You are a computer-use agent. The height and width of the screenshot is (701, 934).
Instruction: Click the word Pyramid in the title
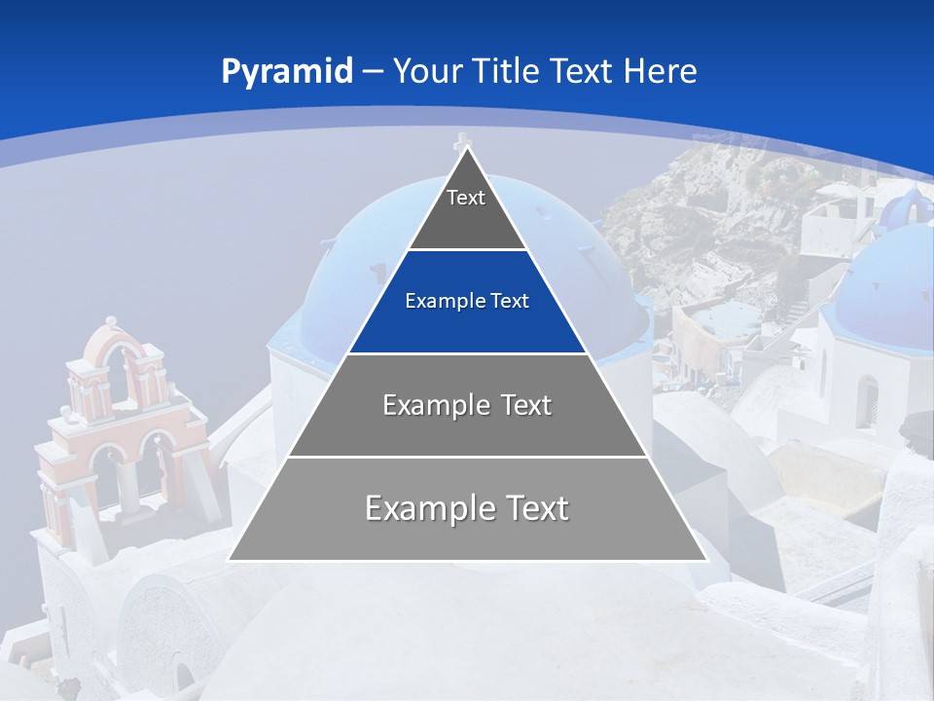(x=286, y=72)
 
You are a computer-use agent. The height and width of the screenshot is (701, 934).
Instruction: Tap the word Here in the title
(x=660, y=72)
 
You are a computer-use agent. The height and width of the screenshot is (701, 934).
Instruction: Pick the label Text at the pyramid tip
(x=466, y=198)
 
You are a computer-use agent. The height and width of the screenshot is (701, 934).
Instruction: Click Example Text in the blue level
(x=467, y=301)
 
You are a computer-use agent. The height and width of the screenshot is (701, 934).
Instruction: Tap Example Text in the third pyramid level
(x=467, y=405)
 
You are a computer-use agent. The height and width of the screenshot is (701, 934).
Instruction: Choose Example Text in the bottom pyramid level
(x=467, y=508)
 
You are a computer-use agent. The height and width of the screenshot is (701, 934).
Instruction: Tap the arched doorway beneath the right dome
(x=866, y=399)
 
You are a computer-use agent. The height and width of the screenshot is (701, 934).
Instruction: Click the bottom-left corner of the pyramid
(x=230, y=560)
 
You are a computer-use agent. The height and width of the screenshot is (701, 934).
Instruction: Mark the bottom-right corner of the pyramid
(x=705, y=560)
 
